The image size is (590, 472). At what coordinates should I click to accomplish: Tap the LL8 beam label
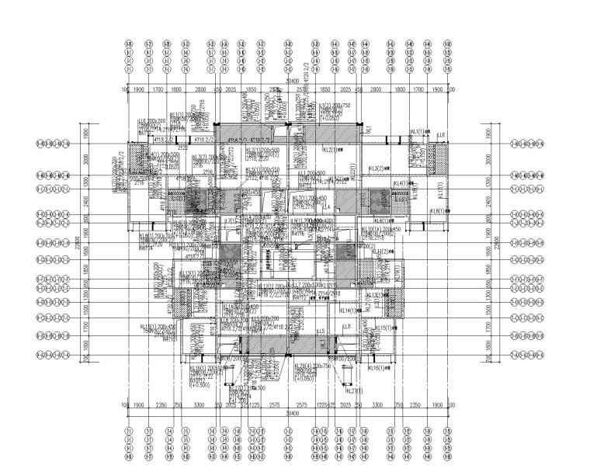pos(347,326)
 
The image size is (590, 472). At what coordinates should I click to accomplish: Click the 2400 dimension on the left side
pos(86,201)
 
